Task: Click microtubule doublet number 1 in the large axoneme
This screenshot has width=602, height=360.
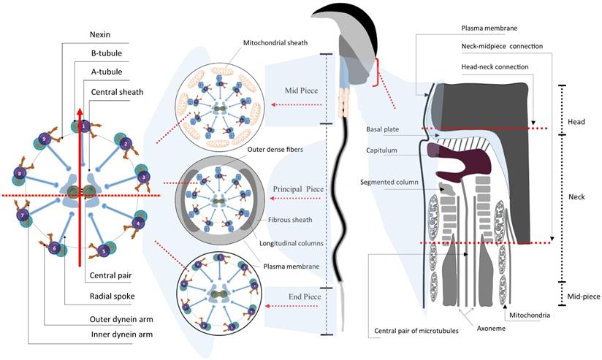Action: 85,126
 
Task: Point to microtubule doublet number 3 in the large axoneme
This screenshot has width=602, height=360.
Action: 142,177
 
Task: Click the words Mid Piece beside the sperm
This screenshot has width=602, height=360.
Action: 300,93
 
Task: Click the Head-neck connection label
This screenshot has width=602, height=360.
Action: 494,66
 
